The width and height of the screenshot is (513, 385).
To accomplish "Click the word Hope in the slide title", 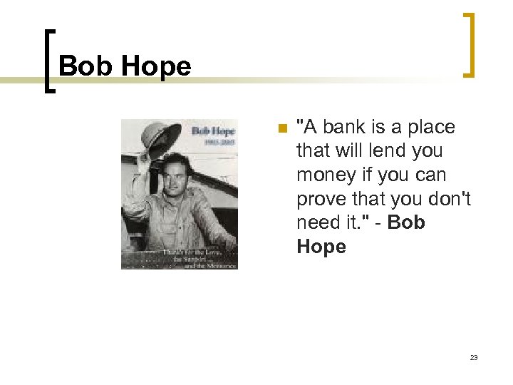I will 156,67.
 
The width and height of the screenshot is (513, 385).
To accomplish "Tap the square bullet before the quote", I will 281,128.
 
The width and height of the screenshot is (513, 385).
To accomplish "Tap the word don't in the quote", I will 450,199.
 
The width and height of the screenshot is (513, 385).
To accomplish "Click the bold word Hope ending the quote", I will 321,247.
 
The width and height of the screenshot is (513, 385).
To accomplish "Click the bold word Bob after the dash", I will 408,222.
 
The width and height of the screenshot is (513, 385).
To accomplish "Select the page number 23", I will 474,357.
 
